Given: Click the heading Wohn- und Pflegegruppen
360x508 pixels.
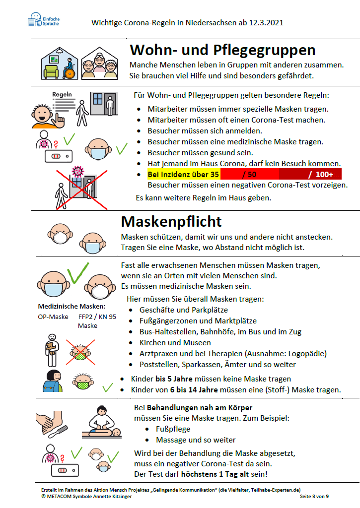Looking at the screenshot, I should (x=222, y=50).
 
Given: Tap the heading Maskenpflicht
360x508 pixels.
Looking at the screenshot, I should (x=171, y=221).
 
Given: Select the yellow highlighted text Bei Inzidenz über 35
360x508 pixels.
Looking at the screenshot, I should (x=183, y=175).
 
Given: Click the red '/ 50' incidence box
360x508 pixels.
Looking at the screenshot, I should (x=249, y=175).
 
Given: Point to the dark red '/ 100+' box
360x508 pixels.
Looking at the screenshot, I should (x=311, y=175).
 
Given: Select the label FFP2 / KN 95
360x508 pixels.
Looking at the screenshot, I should (x=97, y=317).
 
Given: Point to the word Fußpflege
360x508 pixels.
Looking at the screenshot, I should (x=173, y=429).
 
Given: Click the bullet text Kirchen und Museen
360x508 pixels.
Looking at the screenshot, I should (x=175, y=343).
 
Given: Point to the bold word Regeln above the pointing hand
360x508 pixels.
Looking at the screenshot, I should (x=62, y=94).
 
